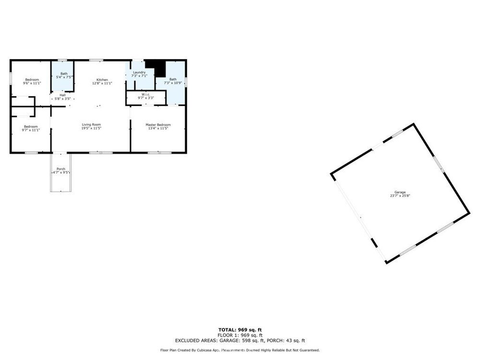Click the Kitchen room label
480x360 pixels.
click(102, 80)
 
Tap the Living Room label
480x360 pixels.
click(91, 125)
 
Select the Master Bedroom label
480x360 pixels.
click(158, 125)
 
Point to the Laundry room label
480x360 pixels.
click(139, 72)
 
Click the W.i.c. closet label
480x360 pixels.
click(146, 94)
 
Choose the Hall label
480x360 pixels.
click(62, 95)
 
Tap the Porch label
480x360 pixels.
click(61, 169)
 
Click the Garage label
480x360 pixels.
click(400, 192)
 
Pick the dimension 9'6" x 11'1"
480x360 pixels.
click(32, 83)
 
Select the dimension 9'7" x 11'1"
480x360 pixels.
click(31, 130)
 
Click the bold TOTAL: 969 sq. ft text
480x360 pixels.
click(240, 330)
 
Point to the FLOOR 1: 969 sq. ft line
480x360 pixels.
click(240, 335)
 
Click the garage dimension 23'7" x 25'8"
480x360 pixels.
click(400, 196)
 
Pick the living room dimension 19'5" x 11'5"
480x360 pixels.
click(91, 128)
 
